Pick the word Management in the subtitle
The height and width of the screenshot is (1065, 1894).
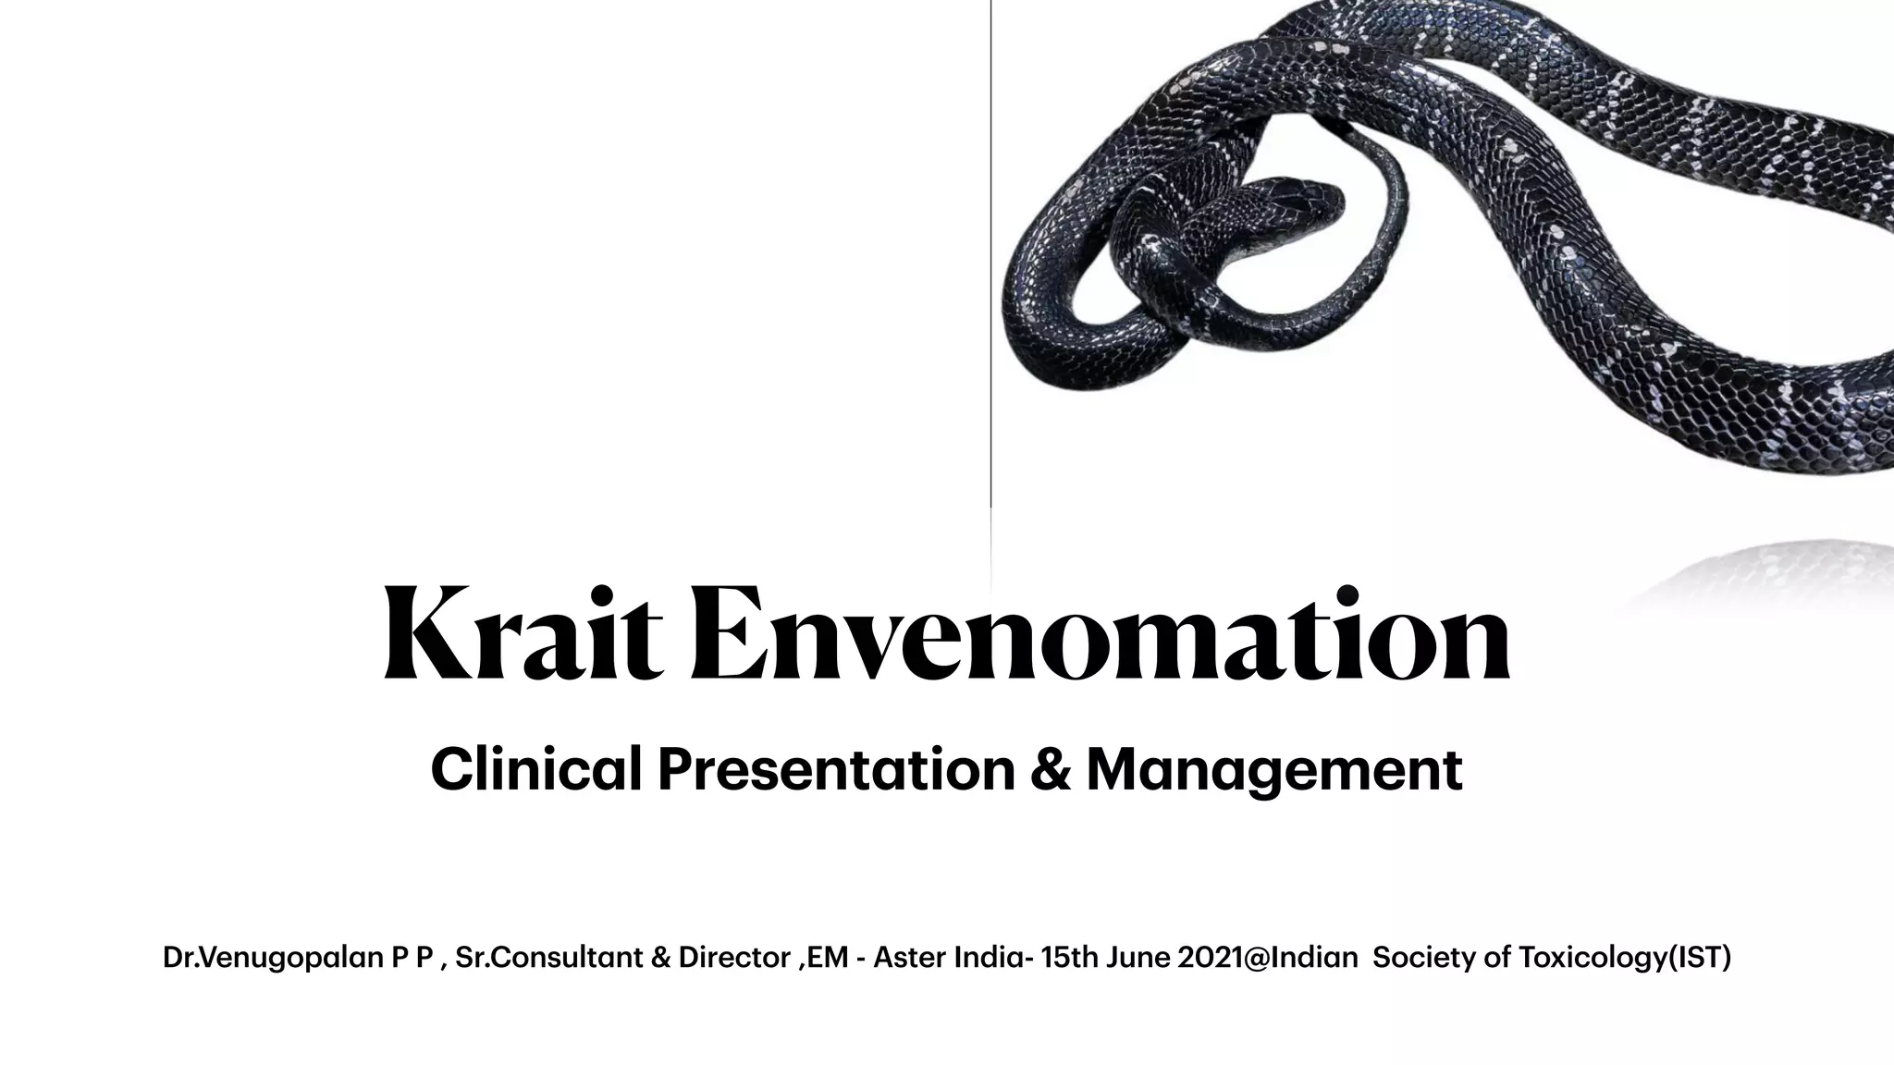pyautogui.click(x=1274, y=771)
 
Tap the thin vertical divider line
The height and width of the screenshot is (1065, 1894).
pyautogui.click(x=990, y=277)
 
